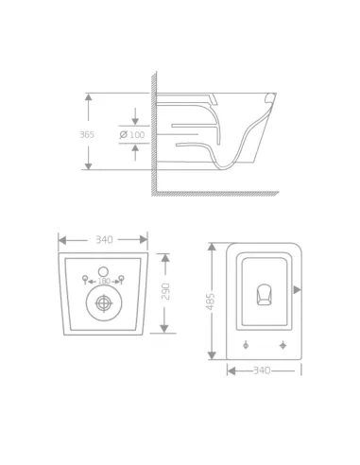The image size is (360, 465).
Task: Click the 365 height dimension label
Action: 87,134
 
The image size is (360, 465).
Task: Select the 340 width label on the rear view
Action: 104,240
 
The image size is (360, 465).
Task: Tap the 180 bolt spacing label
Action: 104,281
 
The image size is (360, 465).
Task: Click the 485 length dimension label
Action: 212,301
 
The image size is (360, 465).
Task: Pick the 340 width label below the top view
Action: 263,370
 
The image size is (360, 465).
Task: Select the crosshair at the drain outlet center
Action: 103,303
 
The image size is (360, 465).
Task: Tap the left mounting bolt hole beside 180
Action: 86,278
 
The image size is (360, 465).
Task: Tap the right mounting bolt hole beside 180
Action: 122,278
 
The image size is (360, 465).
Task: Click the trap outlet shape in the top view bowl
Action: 264,297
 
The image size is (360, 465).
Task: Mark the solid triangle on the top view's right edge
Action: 297,289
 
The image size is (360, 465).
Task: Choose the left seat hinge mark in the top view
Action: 245,342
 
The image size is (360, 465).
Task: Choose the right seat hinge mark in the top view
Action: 283,342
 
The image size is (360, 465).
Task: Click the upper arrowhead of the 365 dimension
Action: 88,96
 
